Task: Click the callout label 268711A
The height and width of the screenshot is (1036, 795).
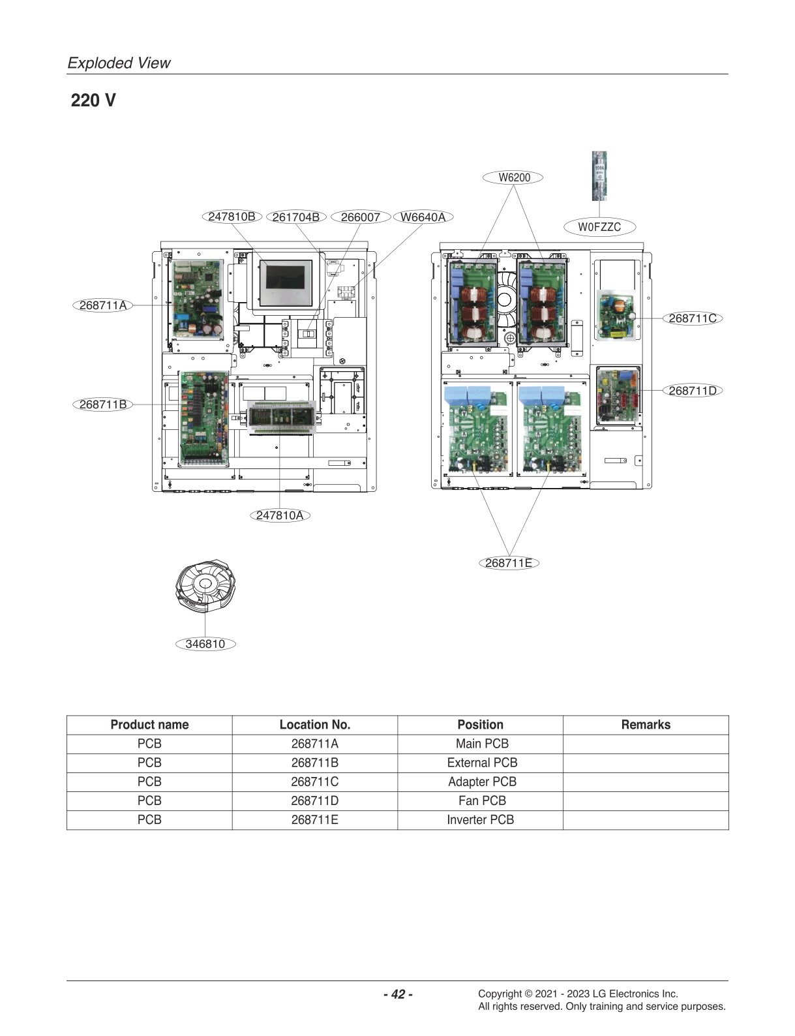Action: [x=102, y=305]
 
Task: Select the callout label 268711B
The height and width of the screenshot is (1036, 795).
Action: [x=102, y=404]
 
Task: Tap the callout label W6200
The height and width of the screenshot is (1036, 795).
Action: [x=513, y=177]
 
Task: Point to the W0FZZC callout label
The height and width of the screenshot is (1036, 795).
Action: [x=599, y=227]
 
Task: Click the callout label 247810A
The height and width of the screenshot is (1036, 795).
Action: [x=279, y=515]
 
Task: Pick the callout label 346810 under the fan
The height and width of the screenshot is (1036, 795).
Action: [x=205, y=644]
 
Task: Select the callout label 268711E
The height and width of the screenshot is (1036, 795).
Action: [x=509, y=563]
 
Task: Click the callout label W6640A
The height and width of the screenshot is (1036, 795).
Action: [x=423, y=217]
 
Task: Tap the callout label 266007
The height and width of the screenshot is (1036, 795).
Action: [x=360, y=217]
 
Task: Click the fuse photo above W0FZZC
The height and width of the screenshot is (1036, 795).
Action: [x=599, y=176]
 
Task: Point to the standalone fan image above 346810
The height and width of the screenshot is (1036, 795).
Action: [x=205, y=586]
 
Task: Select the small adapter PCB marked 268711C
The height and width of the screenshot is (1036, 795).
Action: [x=614, y=315]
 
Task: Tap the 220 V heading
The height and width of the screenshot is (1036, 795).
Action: [x=93, y=100]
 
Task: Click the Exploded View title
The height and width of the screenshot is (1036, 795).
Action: [x=119, y=63]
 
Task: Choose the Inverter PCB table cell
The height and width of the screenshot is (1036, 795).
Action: [x=480, y=820]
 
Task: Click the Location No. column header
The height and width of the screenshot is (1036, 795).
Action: [x=314, y=725]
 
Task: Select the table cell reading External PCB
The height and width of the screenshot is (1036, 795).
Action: [x=481, y=763]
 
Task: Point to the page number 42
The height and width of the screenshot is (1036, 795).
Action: [x=398, y=994]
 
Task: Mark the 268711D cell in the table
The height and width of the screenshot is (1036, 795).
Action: [x=314, y=800]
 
